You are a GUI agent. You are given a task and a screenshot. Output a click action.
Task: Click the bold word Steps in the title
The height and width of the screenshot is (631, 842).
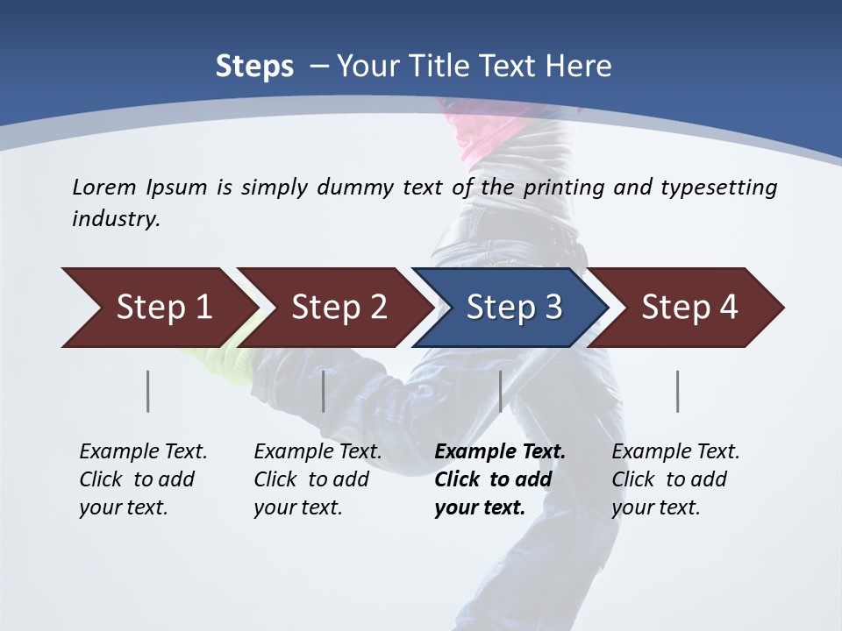coord(254,67)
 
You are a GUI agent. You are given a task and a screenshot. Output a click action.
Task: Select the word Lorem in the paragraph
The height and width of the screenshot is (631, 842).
coord(104,187)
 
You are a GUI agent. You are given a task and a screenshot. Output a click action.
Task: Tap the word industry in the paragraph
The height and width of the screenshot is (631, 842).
coord(115,219)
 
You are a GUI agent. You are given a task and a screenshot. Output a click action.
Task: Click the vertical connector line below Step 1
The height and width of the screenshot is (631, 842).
coord(148,391)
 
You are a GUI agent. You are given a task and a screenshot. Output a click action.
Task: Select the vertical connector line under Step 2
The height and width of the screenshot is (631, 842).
coord(324,391)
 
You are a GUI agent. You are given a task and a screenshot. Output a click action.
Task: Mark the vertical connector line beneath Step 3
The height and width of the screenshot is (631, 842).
coord(501,391)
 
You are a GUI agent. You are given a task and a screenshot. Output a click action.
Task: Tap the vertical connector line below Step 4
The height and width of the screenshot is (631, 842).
coord(678,391)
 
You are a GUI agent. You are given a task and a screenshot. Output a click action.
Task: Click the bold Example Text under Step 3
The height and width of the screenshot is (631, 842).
coord(500,451)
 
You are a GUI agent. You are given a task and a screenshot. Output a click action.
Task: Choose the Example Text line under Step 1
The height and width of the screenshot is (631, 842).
coord(143,451)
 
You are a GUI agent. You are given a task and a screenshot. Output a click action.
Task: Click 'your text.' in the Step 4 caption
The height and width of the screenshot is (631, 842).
coord(656,507)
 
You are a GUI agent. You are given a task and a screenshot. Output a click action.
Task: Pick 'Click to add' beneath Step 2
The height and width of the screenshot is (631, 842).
coord(311,479)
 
